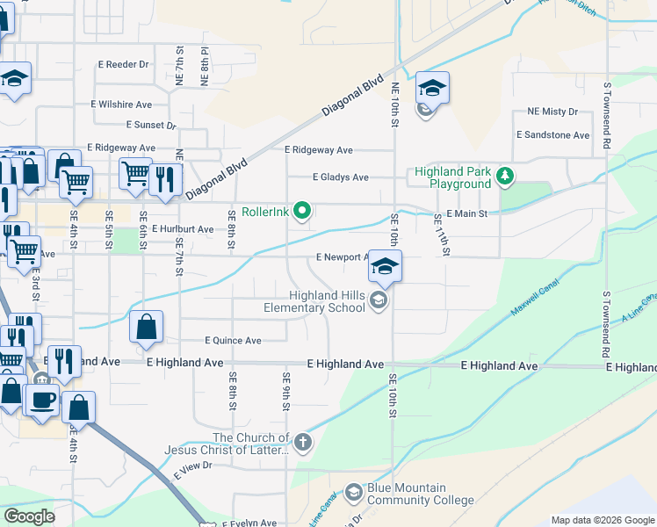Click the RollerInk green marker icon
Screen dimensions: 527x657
click(303, 210)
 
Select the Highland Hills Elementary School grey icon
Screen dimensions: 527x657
click(379, 301)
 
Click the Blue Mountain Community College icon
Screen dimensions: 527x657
click(354, 493)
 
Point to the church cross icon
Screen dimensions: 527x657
click(303, 442)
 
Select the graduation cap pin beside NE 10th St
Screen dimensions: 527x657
click(432, 89)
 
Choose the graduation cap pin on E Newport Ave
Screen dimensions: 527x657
click(385, 266)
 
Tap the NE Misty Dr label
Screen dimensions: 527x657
click(552, 112)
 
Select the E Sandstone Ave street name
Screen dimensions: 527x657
click(552, 135)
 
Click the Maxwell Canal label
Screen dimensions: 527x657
click(537, 300)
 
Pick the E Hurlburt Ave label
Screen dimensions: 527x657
click(183, 229)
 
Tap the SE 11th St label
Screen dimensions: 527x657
click(441, 235)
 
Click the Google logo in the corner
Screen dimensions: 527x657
click(29, 516)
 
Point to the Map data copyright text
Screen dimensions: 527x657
click(602, 520)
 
